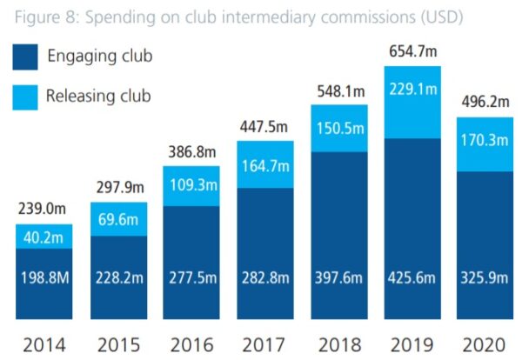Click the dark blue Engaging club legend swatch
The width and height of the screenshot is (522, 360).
26,57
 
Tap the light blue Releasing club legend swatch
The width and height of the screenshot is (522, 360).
26,96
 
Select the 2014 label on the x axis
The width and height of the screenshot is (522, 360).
43,343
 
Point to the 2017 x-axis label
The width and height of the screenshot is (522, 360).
264,343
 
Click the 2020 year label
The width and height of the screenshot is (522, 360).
485,343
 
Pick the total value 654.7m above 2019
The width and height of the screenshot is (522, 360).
412,51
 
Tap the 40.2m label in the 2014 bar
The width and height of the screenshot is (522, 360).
43,236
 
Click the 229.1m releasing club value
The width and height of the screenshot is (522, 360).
412,89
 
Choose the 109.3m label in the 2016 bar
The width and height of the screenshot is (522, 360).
191,185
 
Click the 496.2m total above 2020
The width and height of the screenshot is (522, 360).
485,102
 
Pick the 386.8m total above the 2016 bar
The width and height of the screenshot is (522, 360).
191,150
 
